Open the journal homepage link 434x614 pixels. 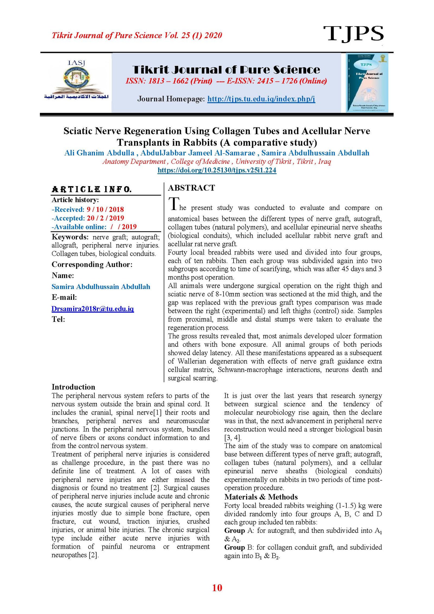(261, 99)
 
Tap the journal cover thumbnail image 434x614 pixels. (367, 82)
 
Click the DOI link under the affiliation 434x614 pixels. (217, 170)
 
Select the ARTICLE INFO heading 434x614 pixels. (92, 189)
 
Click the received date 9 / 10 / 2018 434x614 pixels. (105, 209)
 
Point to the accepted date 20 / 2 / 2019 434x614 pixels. (105, 218)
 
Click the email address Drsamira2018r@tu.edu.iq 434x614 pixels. (92, 308)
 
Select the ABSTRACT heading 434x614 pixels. (192, 188)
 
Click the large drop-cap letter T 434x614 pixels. (174, 204)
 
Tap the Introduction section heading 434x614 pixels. (73, 387)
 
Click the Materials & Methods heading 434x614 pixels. (261, 497)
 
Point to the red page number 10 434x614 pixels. (217, 587)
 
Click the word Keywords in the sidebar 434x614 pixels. (70, 237)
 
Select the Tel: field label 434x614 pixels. (58, 319)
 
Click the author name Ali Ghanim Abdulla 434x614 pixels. (99, 153)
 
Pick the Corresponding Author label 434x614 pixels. (92, 264)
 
